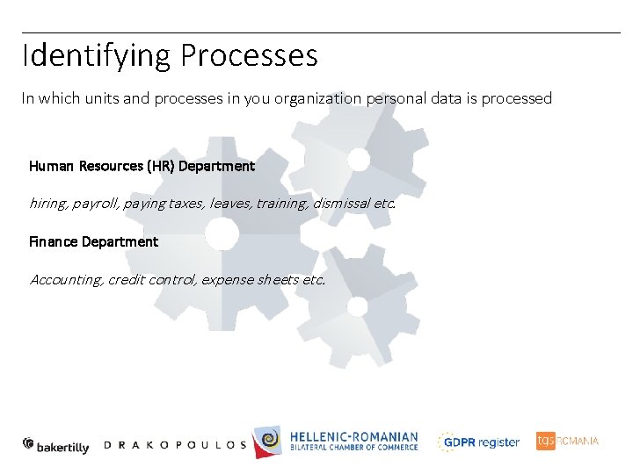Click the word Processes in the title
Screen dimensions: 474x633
click(x=249, y=56)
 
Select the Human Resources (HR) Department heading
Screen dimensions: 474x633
click(x=142, y=166)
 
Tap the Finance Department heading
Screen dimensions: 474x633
click(x=93, y=241)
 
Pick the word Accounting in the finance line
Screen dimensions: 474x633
click(x=66, y=280)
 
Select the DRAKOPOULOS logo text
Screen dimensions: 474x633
click(x=175, y=445)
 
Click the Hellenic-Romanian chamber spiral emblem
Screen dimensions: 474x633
click(x=268, y=442)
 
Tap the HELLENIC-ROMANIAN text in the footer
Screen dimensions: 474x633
click(x=353, y=436)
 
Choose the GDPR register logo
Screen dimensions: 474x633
click(x=479, y=442)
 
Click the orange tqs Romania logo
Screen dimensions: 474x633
click(x=567, y=441)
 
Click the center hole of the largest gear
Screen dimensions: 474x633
click(x=222, y=233)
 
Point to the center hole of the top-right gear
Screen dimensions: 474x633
click(x=359, y=159)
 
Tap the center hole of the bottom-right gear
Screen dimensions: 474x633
click(x=356, y=306)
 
